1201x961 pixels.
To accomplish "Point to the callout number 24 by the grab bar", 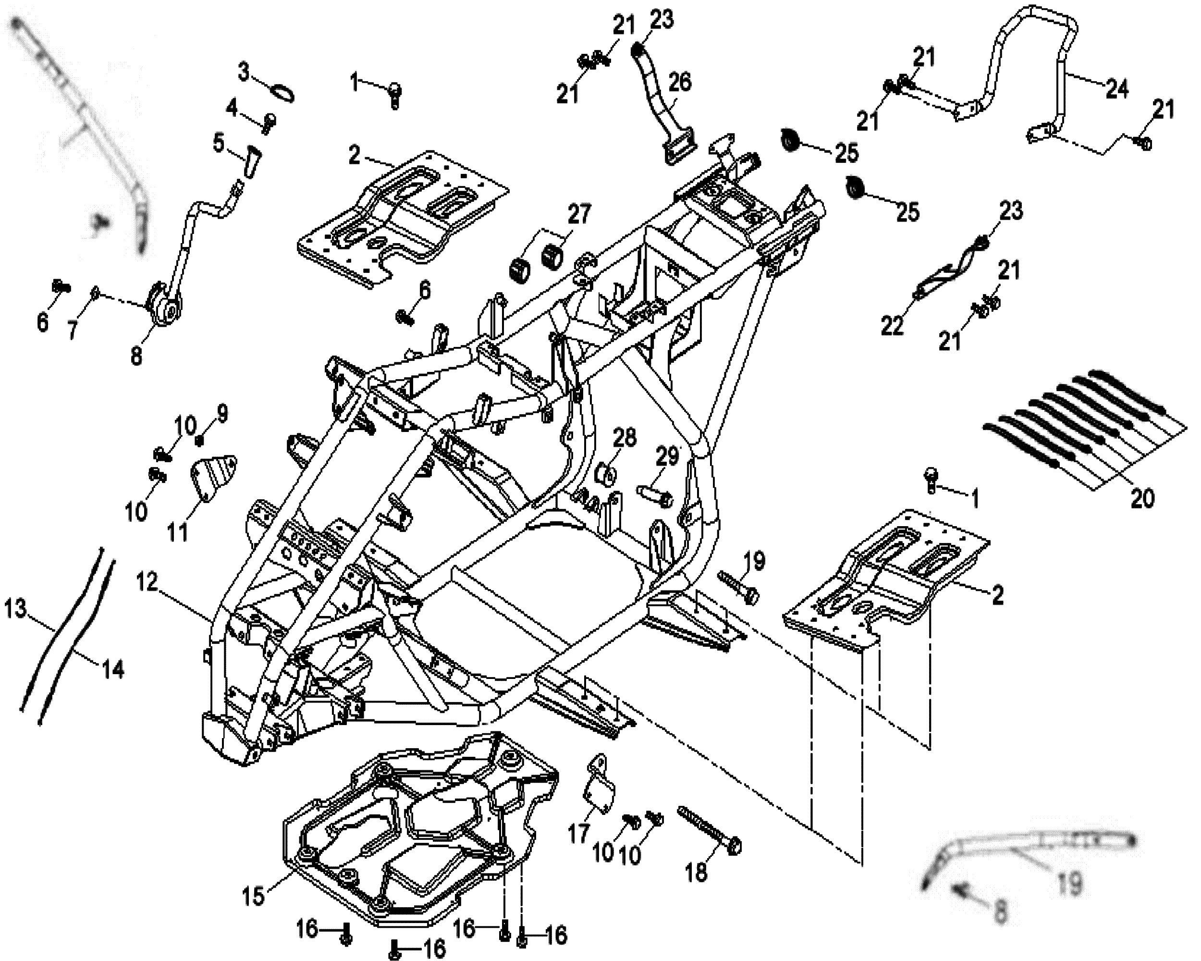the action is [x=1117, y=88].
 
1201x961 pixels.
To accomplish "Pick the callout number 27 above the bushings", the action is [x=579, y=214].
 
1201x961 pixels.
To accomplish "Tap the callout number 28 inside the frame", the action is [x=624, y=438].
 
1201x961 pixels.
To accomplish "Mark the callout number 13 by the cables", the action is [x=15, y=608].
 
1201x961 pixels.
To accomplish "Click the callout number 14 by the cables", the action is [x=113, y=668].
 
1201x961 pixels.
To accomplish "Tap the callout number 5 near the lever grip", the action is [x=219, y=143].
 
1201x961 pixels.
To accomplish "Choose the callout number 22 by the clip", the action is [x=892, y=326].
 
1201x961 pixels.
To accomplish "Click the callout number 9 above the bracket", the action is [x=222, y=413].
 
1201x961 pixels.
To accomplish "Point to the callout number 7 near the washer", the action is [x=73, y=329].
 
